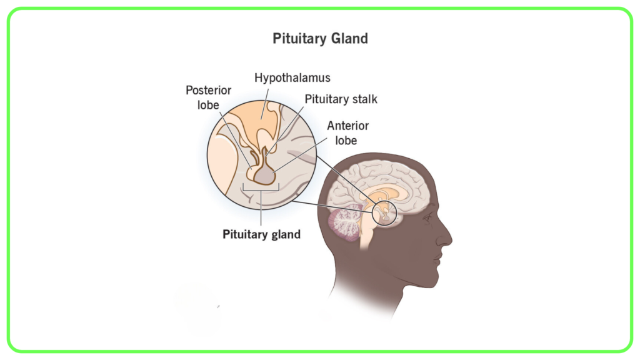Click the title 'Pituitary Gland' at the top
pyautogui.click(x=320, y=39)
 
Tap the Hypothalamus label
pyautogui.click(x=292, y=78)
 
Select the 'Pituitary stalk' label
pyautogui.click(x=341, y=99)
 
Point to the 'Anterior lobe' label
pyautogui.click(x=347, y=133)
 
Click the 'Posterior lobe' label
pyautogui.click(x=208, y=97)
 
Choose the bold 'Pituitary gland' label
pyautogui.click(x=261, y=234)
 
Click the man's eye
pyautogui.click(x=427, y=219)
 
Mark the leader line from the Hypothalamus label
pyautogui.click(x=264, y=104)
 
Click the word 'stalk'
pyautogui.click(x=364, y=99)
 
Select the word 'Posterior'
pyautogui.click(x=208, y=90)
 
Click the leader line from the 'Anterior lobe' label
pyautogui.click(x=300, y=154)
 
